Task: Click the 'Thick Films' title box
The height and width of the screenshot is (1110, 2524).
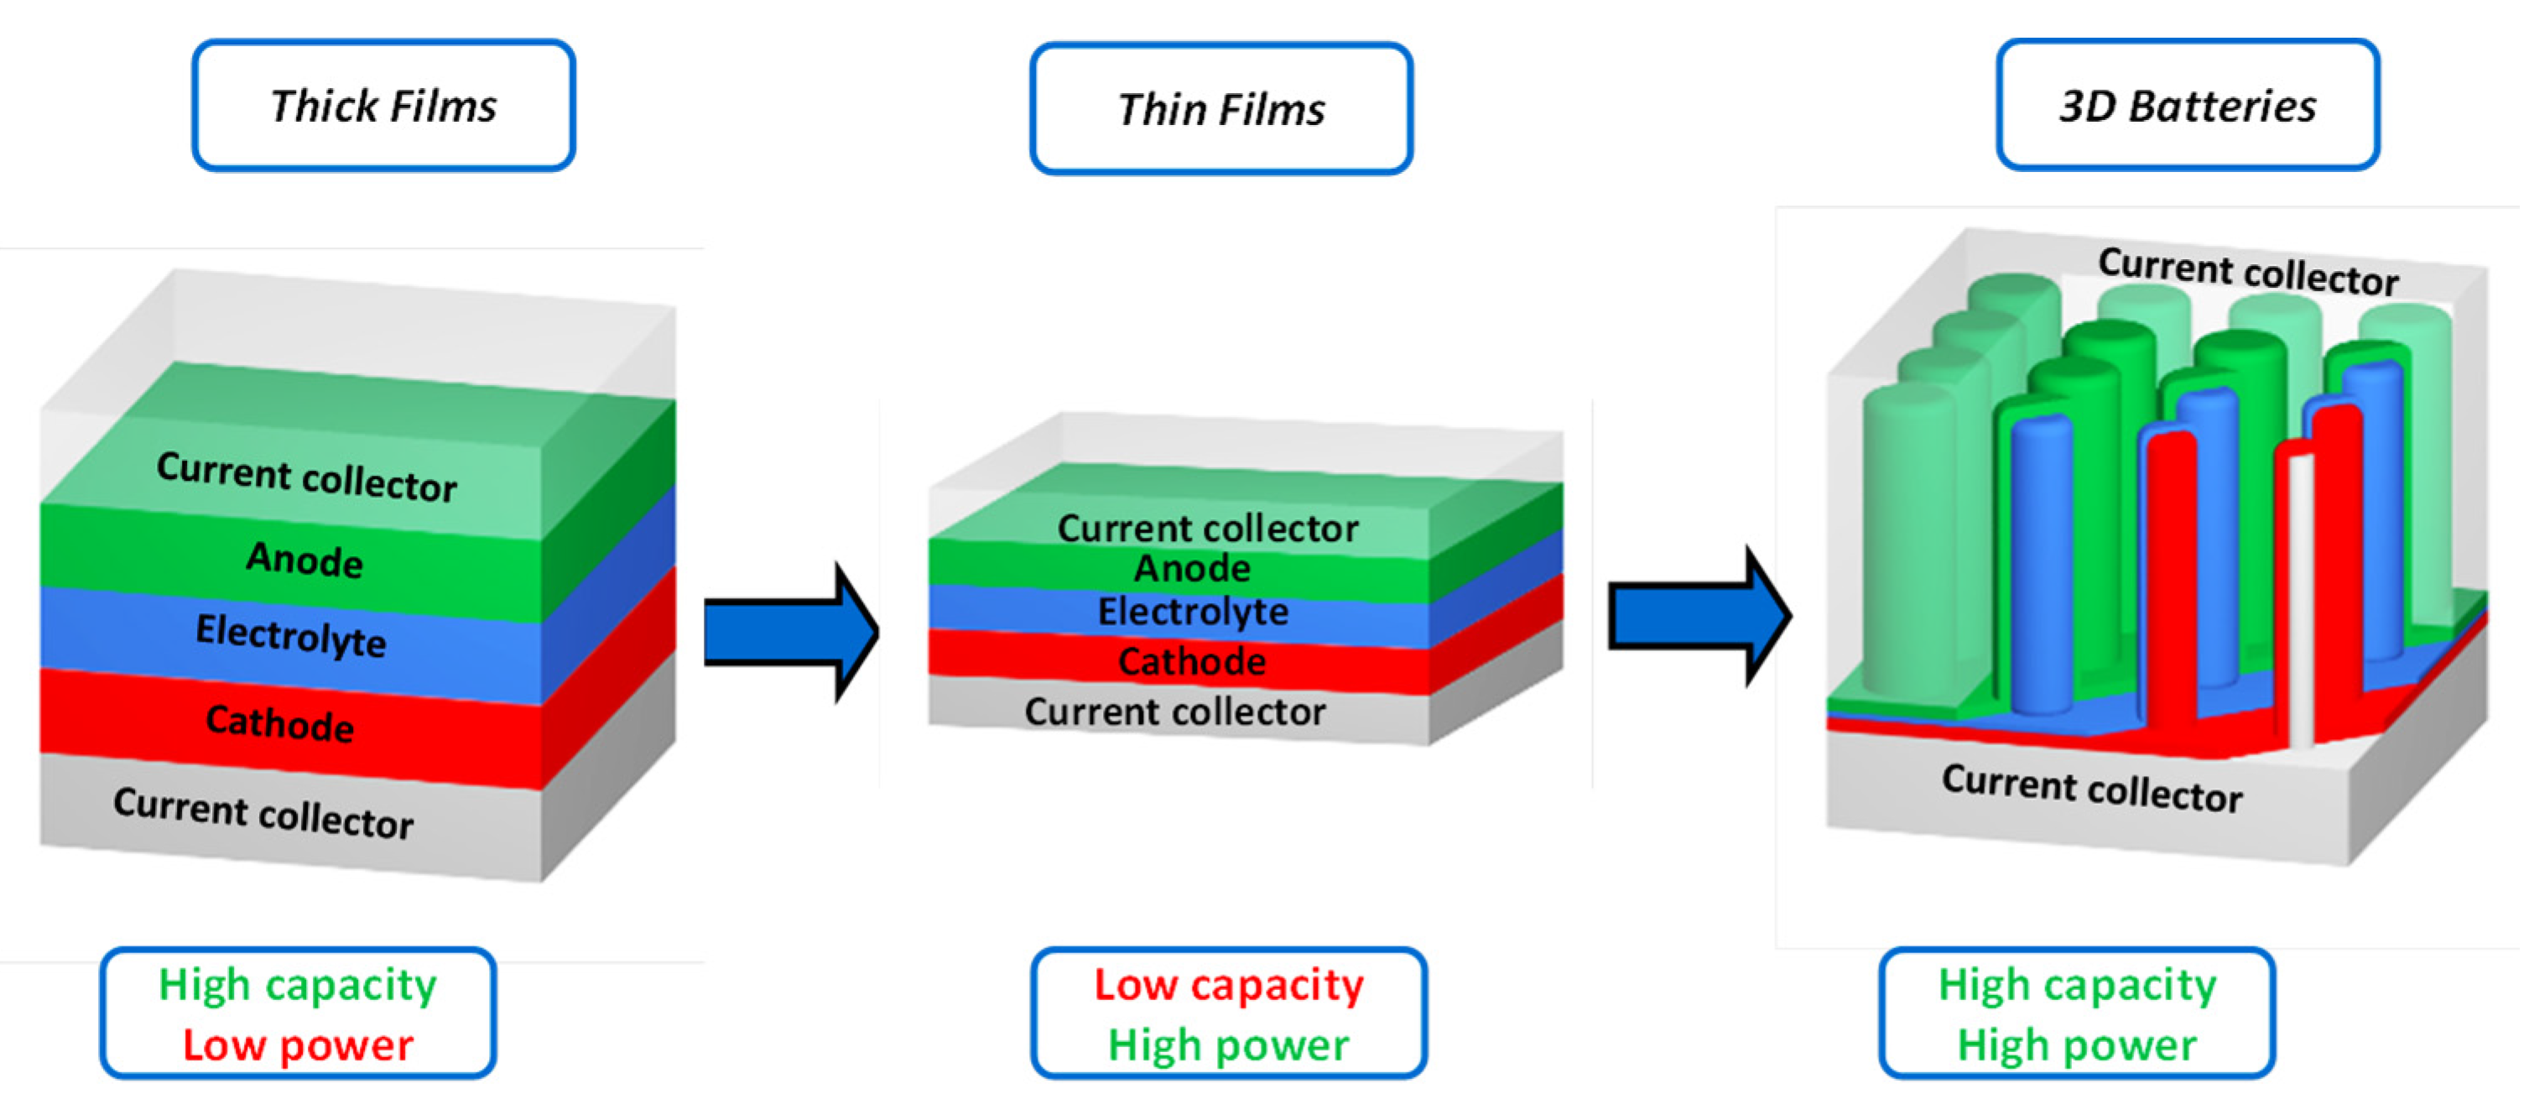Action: tap(383, 105)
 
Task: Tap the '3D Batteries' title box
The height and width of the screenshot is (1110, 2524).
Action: tap(2187, 105)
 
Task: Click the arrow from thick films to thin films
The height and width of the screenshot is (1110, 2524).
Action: tap(788, 632)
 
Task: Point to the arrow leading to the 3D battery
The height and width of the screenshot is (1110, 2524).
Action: tap(1697, 616)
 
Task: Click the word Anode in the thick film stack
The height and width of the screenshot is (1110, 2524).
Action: tap(304, 560)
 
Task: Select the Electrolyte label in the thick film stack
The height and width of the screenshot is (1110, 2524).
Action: tap(291, 635)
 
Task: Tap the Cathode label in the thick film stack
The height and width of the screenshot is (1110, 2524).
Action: tap(279, 723)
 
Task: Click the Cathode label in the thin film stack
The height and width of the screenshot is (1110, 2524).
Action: tap(1191, 662)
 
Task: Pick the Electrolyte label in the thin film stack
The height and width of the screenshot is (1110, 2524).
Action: tap(1193, 612)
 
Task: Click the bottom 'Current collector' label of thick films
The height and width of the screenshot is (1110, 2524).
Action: tap(263, 813)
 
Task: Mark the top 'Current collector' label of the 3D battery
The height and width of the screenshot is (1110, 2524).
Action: tap(2248, 271)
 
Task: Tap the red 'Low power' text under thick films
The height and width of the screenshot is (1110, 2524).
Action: tap(298, 1045)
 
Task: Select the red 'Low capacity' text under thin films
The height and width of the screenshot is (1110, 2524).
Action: tap(1228, 985)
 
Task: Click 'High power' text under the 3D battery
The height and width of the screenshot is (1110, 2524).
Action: tap(2076, 1045)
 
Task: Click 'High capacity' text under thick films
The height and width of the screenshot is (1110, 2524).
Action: tap(298, 985)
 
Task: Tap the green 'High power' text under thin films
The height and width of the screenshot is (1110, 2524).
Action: tap(1228, 1045)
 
